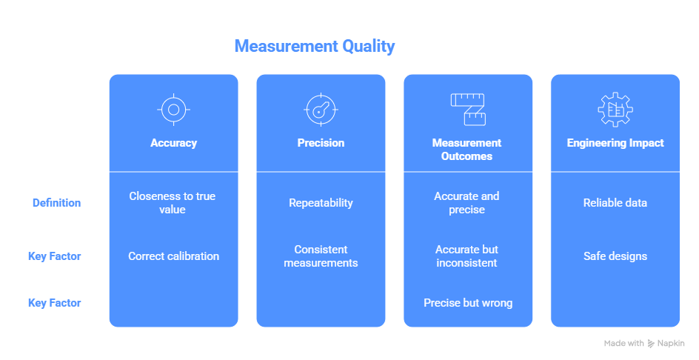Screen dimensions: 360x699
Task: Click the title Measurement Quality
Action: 314,46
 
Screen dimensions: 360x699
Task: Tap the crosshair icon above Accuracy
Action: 173,110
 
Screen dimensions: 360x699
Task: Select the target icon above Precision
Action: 321,110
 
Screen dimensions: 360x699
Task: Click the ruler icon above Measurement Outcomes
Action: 467,109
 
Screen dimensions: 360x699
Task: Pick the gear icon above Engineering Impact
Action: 615,110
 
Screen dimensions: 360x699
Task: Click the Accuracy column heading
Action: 173,143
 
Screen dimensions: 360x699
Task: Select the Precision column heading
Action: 321,143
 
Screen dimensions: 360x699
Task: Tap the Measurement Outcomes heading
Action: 466,149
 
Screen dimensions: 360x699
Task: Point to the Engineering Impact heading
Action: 615,143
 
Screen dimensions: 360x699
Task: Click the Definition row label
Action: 56,203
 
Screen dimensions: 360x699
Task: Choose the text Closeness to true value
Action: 173,203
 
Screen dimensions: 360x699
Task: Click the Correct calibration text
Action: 173,256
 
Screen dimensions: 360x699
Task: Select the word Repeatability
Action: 321,203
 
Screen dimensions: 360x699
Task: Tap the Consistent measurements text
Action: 321,256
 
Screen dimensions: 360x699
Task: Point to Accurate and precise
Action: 466,203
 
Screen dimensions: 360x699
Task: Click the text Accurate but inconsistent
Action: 466,256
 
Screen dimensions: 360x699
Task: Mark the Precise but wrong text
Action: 467,303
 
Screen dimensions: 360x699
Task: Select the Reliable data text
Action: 615,203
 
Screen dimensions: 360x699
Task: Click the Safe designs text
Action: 615,256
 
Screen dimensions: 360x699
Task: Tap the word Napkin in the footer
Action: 672,344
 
